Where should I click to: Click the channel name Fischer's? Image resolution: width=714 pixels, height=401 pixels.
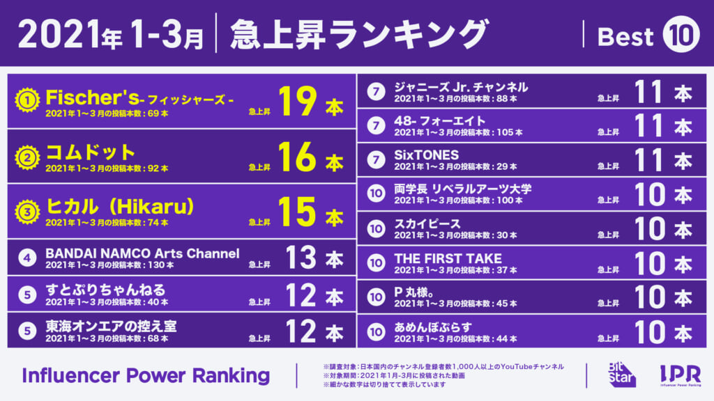click(x=93, y=97)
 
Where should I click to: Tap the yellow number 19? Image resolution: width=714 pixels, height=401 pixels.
click(x=297, y=101)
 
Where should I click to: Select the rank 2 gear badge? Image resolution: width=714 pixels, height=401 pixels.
click(x=27, y=157)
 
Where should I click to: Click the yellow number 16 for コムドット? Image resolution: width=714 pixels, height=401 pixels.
click(x=297, y=157)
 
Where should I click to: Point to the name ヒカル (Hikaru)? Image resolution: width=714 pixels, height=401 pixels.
click(x=120, y=206)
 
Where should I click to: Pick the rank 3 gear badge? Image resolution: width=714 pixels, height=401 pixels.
click(x=27, y=212)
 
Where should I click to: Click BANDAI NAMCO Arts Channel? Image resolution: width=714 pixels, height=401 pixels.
click(x=142, y=253)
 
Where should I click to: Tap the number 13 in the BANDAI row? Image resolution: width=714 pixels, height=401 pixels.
click(x=301, y=258)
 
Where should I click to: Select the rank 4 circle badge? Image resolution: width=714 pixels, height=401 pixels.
click(x=27, y=258)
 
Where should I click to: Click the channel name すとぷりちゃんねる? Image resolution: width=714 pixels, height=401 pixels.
click(x=105, y=290)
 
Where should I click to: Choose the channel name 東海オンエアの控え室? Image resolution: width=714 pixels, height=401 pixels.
click(x=111, y=326)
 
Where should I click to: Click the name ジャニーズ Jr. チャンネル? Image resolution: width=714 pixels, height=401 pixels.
click(x=461, y=87)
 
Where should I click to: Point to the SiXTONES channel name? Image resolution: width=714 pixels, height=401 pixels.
click(x=426, y=155)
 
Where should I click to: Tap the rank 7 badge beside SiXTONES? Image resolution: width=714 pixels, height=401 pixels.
click(x=376, y=159)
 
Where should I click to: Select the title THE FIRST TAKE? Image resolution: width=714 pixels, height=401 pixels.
click(x=448, y=258)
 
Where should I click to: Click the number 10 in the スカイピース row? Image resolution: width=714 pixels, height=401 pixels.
click(x=651, y=228)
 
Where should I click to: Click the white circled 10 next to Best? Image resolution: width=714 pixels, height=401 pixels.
click(x=681, y=34)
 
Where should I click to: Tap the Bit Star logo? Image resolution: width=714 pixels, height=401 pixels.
click(x=622, y=375)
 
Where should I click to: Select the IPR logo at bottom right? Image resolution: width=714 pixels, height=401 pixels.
click(x=681, y=375)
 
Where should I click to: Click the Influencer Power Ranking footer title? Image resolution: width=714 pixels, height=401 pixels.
click(x=146, y=375)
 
